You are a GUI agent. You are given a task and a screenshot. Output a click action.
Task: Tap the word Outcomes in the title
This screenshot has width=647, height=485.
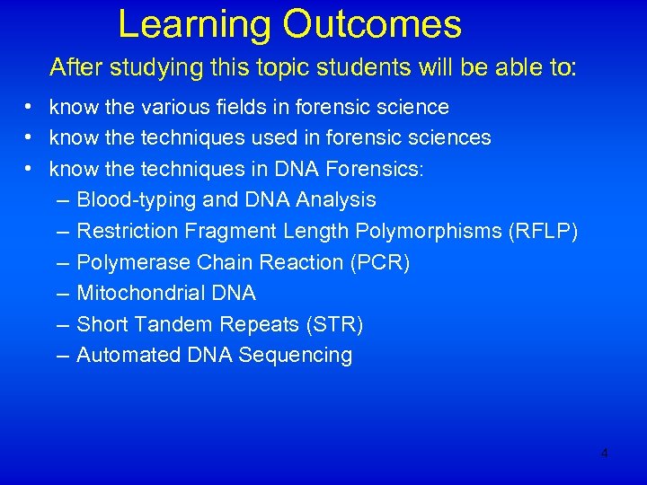[372, 25]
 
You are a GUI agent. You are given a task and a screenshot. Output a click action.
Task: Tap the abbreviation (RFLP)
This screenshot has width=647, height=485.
[543, 231]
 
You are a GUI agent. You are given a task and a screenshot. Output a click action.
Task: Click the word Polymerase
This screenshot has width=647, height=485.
[126, 262]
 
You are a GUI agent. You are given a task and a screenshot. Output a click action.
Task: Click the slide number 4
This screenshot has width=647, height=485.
[604, 454]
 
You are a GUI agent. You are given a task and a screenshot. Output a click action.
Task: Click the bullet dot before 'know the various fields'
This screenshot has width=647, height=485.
[30, 108]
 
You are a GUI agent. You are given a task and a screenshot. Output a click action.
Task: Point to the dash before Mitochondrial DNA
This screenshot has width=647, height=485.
[61, 293]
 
